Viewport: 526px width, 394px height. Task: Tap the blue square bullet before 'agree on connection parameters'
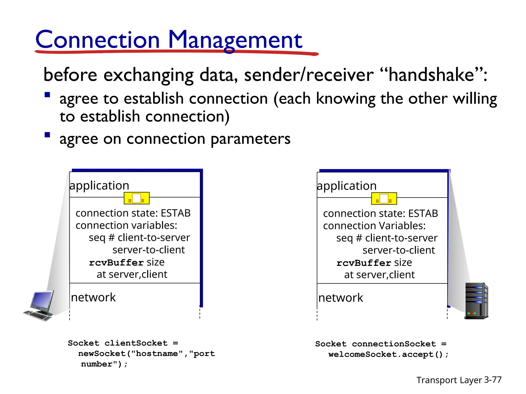pyautogui.click(x=47, y=135)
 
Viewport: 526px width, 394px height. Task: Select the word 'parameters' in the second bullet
pyautogui.click(x=250, y=139)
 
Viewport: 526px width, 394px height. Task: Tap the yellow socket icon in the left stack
pyautogui.click(x=137, y=198)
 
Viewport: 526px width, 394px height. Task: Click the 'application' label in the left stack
pyautogui.click(x=99, y=185)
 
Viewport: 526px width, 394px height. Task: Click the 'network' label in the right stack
pyautogui.click(x=341, y=298)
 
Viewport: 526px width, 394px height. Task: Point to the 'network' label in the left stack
pyautogui.click(x=93, y=298)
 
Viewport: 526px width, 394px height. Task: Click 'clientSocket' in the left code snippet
pyautogui.click(x=136, y=343)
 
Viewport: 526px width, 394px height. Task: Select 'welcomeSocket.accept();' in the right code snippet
pyautogui.click(x=388, y=354)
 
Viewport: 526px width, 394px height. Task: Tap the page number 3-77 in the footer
pyautogui.click(x=493, y=380)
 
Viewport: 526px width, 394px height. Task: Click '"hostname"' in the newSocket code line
pyautogui.click(x=157, y=354)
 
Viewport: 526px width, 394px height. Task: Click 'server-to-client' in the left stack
pyautogui.click(x=148, y=250)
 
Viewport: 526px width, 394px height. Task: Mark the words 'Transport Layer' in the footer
pyautogui.click(x=449, y=380)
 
